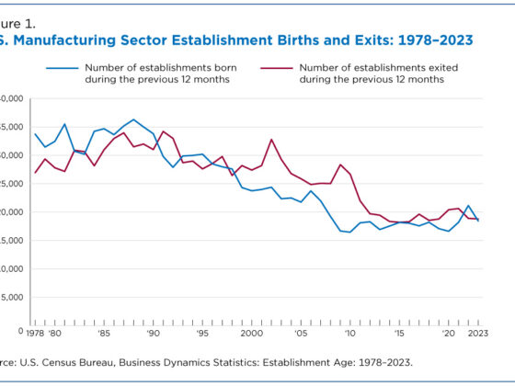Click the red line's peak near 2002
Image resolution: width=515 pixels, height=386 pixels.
coord(271,140)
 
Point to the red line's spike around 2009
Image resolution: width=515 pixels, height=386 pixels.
coord(340,165)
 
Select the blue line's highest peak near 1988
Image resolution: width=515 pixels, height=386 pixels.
coord(133,119)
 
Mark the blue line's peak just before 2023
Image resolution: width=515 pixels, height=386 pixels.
coord(469,206)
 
